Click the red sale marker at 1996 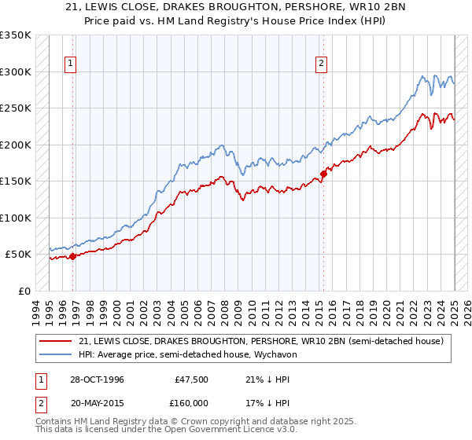pyautogui.click(x=72, y=256)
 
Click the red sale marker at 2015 pyautogui.click(x=323, y=174)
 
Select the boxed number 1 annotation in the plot pyautogui.click(x=71, y=65)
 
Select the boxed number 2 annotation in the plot pyautogui.click(x=322, y=65)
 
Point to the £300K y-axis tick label pyautogui.click(x=16, y=71)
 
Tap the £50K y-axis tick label pyautogui.click(x=19, y=255)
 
